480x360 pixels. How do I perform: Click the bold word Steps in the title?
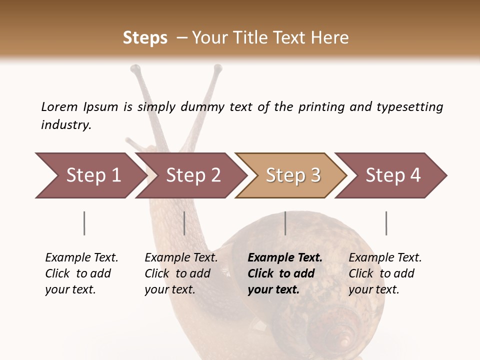click(x=145, y=38)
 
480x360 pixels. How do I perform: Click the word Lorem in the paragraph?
click(x=59, y=106)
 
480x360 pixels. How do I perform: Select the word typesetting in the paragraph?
click(x=409, y=107)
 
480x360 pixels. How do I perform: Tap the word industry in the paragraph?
click(x=65, y=125)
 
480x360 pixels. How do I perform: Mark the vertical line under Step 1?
click(x=84, y=223)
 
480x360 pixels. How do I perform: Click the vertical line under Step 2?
click(x=184, y=223)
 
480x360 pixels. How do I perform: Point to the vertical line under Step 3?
click(x=285, y=223)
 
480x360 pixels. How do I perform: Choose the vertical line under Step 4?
click(x=386, y=223)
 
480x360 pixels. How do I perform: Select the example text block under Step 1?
click(x=81, y=273)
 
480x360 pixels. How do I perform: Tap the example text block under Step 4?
click(x=385, y=273)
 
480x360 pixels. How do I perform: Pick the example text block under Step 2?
click(x=181, y=273)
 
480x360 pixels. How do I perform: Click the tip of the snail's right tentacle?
click(x=217, y=67)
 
